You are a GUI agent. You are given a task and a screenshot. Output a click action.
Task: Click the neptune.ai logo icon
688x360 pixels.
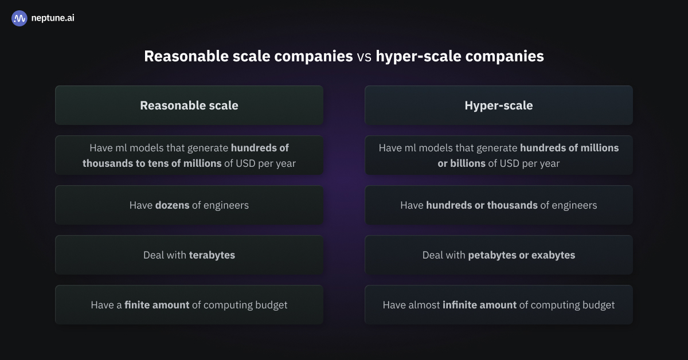point(19,18)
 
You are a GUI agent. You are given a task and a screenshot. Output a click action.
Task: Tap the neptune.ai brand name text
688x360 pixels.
point(53,18)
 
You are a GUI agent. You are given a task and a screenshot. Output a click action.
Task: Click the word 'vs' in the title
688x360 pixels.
point(364,56)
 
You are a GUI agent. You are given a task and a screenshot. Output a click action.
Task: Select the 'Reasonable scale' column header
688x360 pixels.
point(189,105)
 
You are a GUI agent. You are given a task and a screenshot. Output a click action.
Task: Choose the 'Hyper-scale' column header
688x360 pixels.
point(498,105)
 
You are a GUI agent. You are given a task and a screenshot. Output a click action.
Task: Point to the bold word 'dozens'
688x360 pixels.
point(172,205)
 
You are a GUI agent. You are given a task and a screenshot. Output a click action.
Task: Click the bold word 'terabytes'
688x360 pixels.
point(212,255)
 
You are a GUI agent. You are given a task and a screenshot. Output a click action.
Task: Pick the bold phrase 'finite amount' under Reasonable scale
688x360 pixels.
point(157,305)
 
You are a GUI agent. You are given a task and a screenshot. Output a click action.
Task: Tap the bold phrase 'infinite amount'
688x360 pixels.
point(479,305)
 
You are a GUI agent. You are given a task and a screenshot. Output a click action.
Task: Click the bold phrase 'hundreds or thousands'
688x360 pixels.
point(482,205)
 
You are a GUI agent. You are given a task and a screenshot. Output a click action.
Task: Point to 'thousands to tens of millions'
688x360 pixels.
point(152,163)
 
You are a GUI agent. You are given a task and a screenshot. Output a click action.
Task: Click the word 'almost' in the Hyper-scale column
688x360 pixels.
point(424,305)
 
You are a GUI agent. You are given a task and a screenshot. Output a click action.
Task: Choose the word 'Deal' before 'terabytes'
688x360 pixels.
point(153,255)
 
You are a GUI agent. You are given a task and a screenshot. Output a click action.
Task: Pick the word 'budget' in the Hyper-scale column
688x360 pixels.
point(597,305)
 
